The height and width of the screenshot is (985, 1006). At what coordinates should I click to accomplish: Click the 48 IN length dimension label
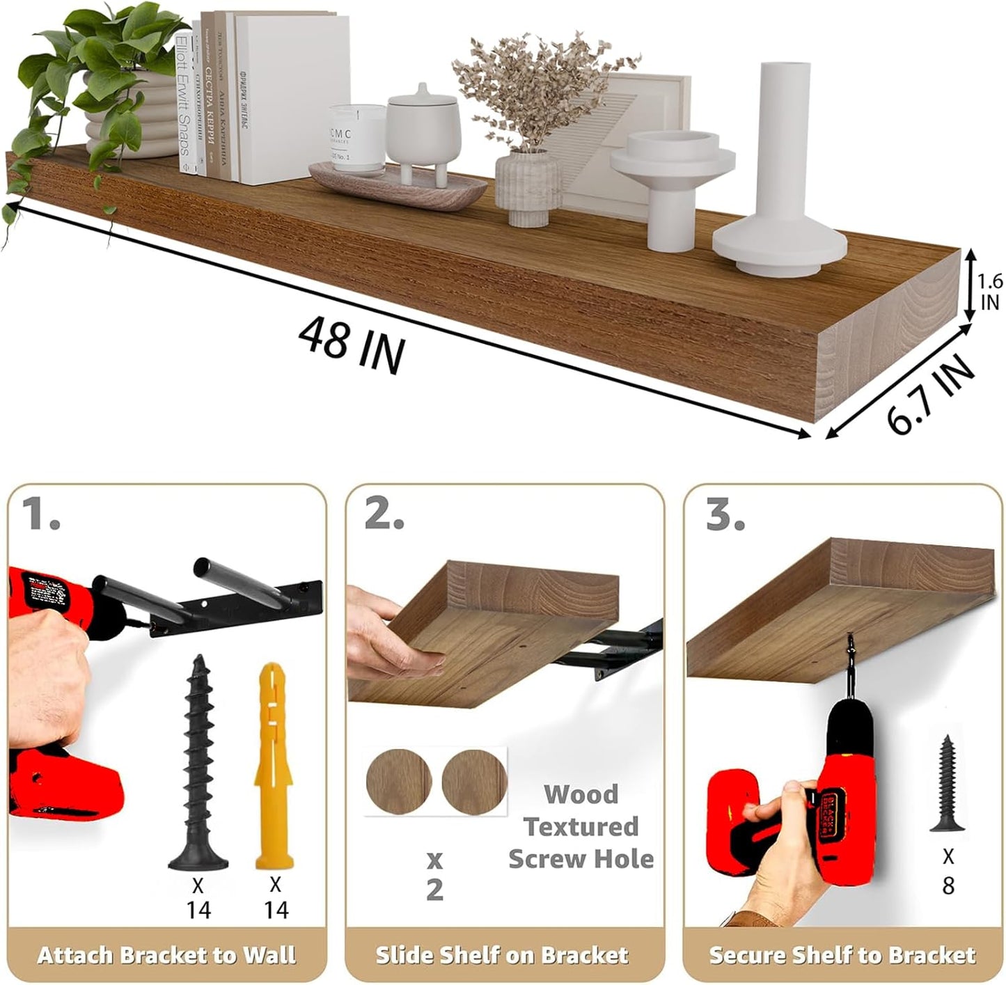(x=351, y=344)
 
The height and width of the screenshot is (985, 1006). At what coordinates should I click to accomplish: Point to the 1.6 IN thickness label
(x=989, y=292)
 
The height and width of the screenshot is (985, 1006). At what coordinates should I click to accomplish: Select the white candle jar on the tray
(x=356, y=138)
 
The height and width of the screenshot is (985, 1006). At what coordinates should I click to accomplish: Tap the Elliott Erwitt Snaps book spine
(x=183, y=104)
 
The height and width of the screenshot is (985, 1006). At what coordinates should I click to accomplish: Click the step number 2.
(x=383, y=515)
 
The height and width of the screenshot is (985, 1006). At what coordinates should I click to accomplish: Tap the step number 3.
(x=725, y=515)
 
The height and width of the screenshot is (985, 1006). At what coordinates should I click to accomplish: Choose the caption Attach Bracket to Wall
(x=166, y=954)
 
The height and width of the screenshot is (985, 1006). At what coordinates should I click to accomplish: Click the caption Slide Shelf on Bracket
(x=502, y=954)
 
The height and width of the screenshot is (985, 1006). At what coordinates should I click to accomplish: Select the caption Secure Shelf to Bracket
(x=842, y=954)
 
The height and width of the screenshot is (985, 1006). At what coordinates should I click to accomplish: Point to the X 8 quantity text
(x=948, y=870)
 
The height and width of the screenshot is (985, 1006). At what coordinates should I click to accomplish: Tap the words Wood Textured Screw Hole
(x=580, y=826)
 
